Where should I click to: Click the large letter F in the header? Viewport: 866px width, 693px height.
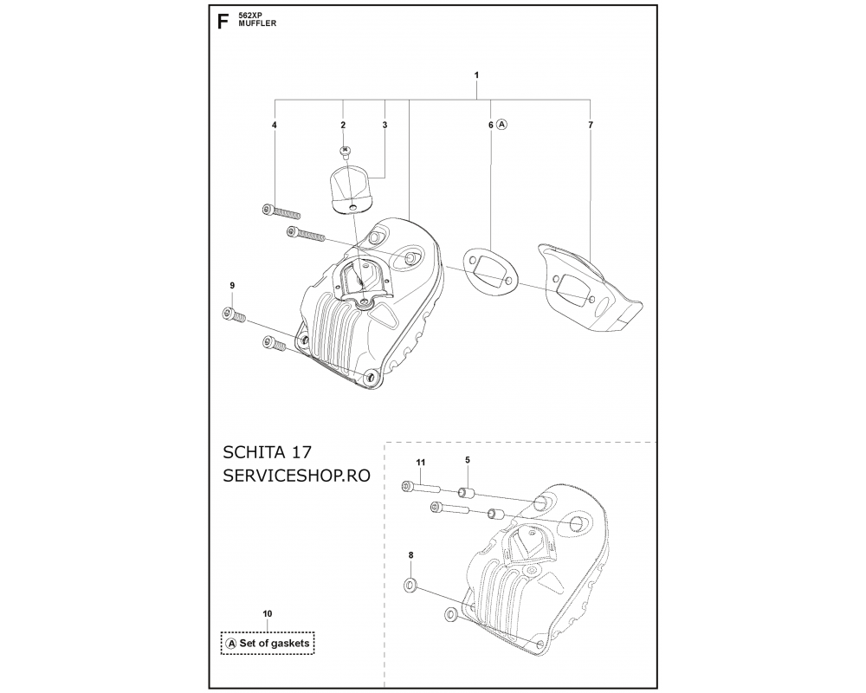[x=223, y=22]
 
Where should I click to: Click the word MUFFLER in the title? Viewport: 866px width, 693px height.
[x=257, y=24]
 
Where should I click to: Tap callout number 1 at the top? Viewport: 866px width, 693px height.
[x=476, y=74]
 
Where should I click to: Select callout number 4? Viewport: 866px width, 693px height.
[x=274, y=125]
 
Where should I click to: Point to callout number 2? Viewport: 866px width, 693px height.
[x=343, y=125]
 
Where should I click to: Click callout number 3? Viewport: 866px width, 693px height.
[x=385, y=125]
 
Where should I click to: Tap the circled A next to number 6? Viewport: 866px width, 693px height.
[x=501, y=125]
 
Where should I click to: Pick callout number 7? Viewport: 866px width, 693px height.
[x=591, y=125]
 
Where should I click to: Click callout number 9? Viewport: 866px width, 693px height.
[x=232, y=285]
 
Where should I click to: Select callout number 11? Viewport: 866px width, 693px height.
[x=421, y=462]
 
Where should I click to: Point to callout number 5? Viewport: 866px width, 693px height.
[x=468, y=459]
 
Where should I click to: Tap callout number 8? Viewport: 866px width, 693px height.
[x=410, y=555]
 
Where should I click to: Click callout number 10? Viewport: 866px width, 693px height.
[x=268, y=613]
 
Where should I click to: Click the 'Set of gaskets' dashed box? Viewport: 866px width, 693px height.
[x=268, y=644]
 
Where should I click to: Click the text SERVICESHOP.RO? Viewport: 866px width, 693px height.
[x=296, y=476]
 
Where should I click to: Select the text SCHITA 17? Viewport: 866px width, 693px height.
[x=268, y=452]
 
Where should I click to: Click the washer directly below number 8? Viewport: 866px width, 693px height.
[x=410, y=584]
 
